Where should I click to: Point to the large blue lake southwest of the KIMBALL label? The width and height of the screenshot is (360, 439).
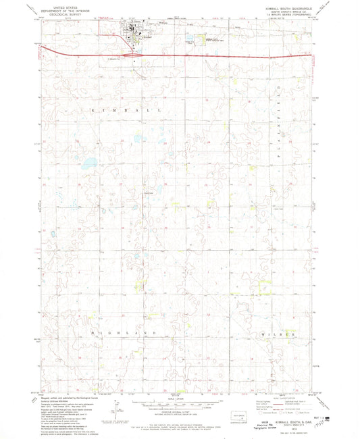point(87,163)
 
